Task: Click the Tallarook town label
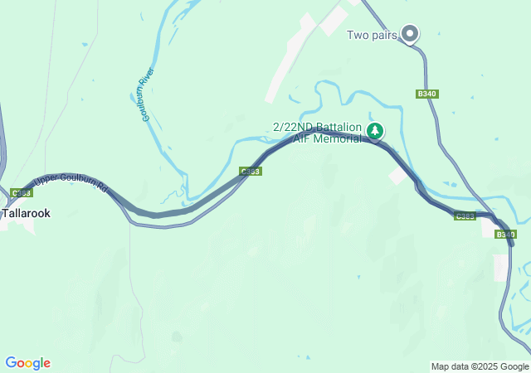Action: pos(26,213)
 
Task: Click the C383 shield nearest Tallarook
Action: pos(22,193)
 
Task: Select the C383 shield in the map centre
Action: pos(251,172)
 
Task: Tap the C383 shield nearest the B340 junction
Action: pos(465,216)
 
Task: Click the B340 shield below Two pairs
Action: pos(427,94)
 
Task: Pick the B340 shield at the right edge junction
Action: pos(505,235)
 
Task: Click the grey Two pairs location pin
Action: pos(410,33)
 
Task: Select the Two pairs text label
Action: pos(371,35)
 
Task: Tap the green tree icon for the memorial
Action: pos(375,131)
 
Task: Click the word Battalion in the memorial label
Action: pos(338,127)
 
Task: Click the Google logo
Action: pos(27,363)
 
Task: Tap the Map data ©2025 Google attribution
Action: pos(480,366)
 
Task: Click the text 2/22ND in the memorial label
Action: pos(292,127)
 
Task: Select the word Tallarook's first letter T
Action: pos(5,213)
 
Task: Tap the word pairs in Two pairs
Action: pos(383,35)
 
